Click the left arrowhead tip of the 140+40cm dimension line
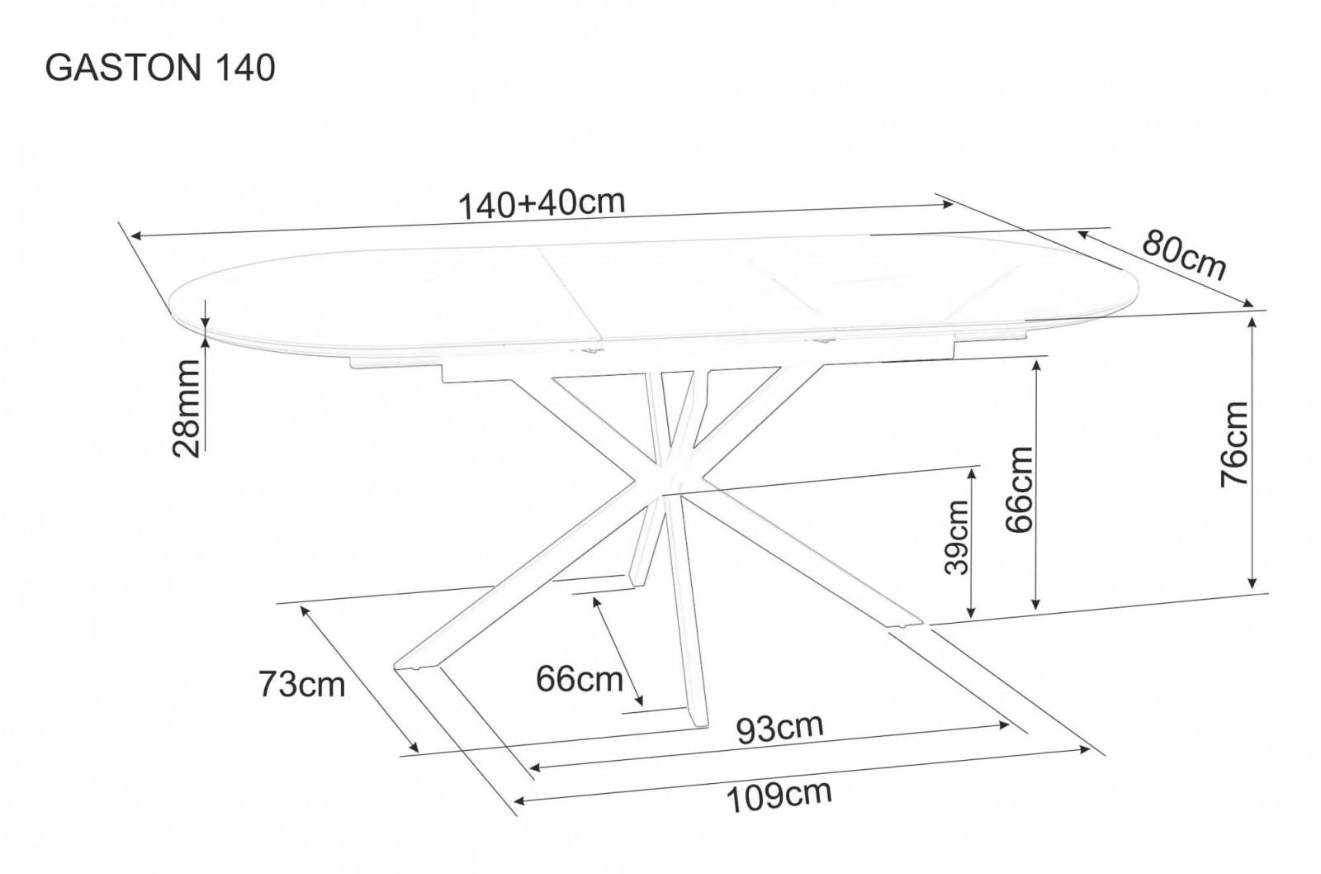click(130, 236)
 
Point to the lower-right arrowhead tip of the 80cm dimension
click(1252, 306)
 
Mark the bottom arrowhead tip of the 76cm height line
click(1252, 588)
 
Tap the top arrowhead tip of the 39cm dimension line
click(971, 469)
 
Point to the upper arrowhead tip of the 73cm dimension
click(301, 606)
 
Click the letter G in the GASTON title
click(58, 69)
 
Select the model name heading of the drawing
click(160, 69)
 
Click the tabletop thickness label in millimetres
click(187, 408)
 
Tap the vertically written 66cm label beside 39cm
click(1020, 490)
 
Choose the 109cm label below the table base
click(779, 796)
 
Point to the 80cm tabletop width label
click(1184, 256)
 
